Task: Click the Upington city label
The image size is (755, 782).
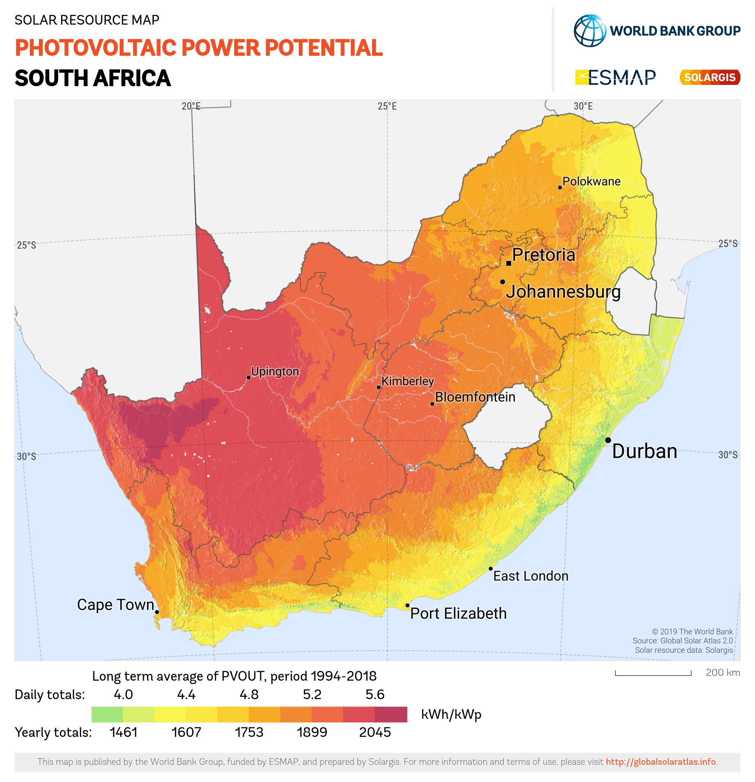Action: coord(275,372)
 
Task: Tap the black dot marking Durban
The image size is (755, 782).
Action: coord(608,440)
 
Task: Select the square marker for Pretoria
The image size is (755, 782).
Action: coord(509,263)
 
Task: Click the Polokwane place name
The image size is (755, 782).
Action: coord(591,181)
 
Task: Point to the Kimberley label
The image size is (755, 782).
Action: coord(407,382)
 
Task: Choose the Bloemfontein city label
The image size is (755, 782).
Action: coord(475,397)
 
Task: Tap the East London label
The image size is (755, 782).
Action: coord(530,576)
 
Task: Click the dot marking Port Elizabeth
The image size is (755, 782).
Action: coord(407,606)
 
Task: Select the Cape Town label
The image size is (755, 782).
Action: coord(116,605)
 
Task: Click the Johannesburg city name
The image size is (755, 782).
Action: coord(563,292)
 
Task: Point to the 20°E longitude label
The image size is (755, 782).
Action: coord(191,106)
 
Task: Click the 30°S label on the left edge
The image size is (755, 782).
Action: coord(26,457)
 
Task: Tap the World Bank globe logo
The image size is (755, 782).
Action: coord(590,31)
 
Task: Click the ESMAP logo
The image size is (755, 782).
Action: coord(616,77)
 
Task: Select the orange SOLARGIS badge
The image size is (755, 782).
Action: coord(710,77)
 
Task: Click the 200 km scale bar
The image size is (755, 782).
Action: coord(653,673)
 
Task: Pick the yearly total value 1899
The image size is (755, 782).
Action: coord(312,732)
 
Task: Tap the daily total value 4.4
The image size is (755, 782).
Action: coord(186,695)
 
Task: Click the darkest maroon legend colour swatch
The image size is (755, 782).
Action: coord(391,714)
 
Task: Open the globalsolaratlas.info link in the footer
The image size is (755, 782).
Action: coord(661,762)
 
